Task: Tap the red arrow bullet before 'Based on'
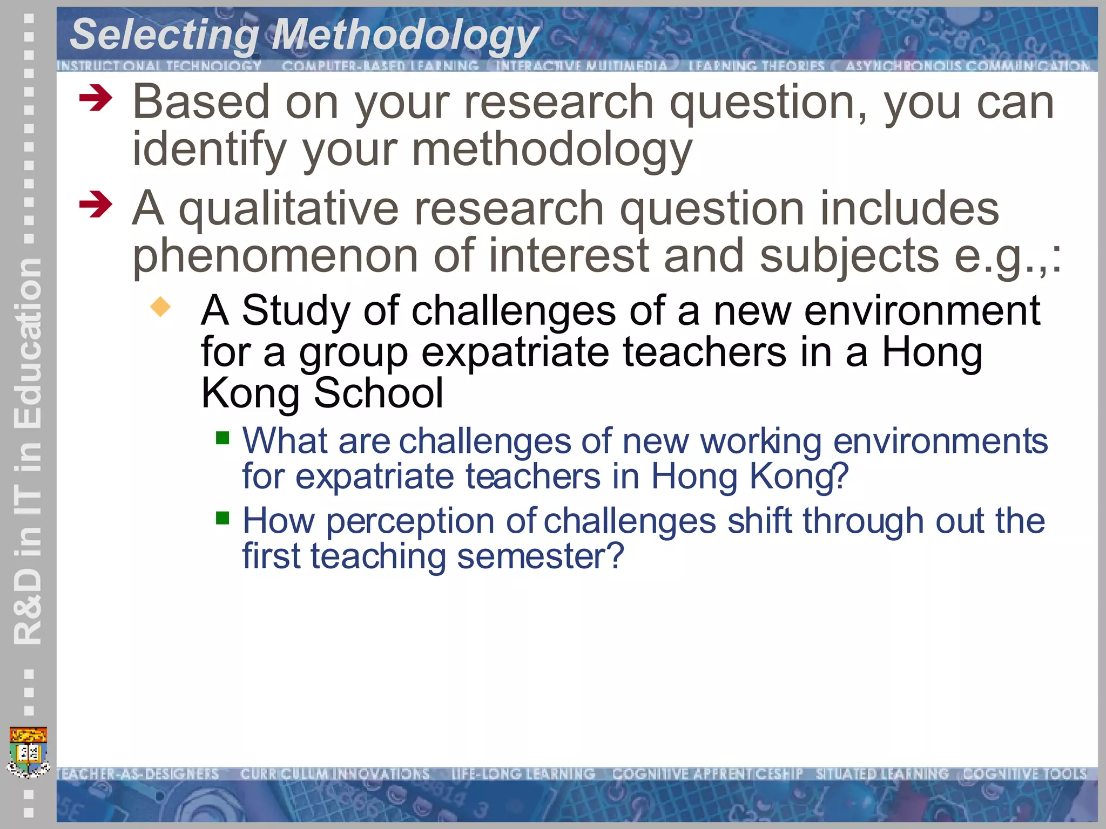(96, 99)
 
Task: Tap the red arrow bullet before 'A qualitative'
(96, 205)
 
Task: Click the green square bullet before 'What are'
(222, 437)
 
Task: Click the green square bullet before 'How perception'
(222, 518)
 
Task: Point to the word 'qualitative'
(288, 209)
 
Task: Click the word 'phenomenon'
(275, 257)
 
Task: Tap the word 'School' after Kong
(379, 393)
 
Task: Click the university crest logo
(29, 752)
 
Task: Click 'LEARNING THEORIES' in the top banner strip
(756, 66)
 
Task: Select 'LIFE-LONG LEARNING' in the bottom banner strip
(523, 774)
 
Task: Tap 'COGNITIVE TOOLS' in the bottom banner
(1024, 774)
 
